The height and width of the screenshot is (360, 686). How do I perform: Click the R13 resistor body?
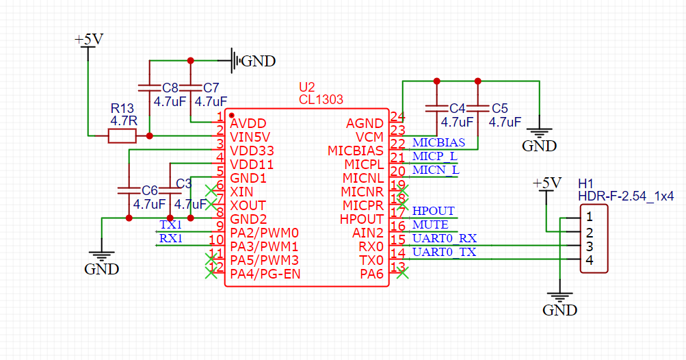(122, 137)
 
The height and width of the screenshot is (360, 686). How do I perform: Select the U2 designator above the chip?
(307, 88)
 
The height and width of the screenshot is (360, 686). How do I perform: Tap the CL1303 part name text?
(321, 100)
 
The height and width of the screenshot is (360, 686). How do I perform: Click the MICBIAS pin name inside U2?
(356, 151)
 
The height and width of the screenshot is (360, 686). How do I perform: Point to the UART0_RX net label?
(444, 238)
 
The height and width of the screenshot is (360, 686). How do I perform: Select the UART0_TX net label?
(444, 252)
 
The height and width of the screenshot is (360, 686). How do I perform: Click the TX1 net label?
(170, 224)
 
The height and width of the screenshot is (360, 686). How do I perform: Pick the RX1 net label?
(170, 238)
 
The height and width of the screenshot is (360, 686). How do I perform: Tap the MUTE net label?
(430, 224)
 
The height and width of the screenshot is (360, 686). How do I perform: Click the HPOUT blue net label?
(433, 211)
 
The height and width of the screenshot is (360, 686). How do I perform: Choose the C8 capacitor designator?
(170, 88)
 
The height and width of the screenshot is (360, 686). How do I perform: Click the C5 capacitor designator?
(499, 109)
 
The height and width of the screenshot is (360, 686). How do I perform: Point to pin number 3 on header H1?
(589, 246)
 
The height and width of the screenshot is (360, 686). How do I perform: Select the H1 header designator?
(585, 184)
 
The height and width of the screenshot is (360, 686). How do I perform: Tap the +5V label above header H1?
(546, 183)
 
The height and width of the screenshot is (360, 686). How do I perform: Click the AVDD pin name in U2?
(249, 124)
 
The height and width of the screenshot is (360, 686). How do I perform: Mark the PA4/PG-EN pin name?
(265, 274)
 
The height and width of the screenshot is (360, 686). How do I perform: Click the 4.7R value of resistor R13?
(124, 120)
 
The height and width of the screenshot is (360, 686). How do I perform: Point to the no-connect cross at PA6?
(403, 274)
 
